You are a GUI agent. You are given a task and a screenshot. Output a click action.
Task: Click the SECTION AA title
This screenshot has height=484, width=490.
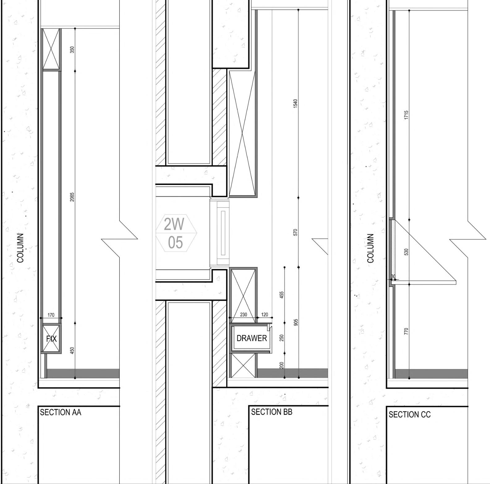61,412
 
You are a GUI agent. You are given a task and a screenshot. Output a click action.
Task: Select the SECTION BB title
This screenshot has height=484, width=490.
271,412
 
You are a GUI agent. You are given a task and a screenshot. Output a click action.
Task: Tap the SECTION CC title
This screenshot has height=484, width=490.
409,414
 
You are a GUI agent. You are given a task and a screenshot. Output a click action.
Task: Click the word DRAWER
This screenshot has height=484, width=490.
252,338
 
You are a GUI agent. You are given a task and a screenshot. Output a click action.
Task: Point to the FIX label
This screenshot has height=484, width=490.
51,339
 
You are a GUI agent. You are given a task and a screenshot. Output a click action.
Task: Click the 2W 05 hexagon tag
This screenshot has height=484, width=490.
176,233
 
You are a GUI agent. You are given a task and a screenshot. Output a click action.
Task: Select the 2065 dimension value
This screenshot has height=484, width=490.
72,197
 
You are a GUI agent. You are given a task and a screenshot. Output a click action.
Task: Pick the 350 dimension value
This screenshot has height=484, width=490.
72,49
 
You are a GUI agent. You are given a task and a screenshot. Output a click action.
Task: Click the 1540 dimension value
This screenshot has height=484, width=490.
295,103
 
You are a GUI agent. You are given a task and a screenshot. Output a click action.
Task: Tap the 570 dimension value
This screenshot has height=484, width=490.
295,233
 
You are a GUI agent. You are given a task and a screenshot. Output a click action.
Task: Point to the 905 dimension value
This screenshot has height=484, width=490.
296,322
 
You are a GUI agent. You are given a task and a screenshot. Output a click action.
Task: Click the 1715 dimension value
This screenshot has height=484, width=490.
406,115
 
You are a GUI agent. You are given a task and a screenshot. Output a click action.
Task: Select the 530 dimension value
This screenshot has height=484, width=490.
406,252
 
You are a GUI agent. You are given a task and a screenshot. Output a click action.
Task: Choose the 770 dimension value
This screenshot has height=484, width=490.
406,331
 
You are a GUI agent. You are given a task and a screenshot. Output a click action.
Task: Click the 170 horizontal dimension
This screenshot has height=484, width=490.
51,315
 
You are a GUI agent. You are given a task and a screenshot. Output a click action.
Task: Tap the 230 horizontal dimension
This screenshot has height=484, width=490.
244,315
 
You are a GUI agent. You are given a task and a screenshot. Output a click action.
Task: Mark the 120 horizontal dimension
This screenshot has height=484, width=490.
265,315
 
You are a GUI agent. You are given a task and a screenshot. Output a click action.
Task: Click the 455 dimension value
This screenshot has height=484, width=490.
282,295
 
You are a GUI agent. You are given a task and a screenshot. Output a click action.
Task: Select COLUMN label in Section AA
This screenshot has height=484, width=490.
20,248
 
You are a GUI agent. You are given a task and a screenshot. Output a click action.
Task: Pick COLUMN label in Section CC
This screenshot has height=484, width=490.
371,248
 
